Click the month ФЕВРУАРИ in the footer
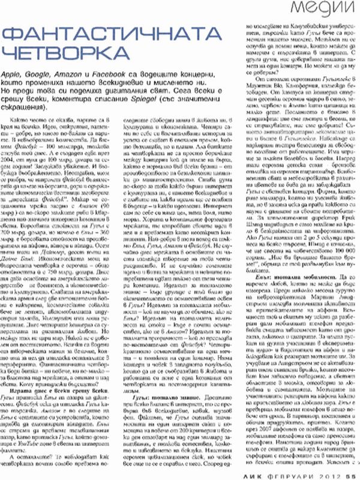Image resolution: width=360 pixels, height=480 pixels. [298, 472]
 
